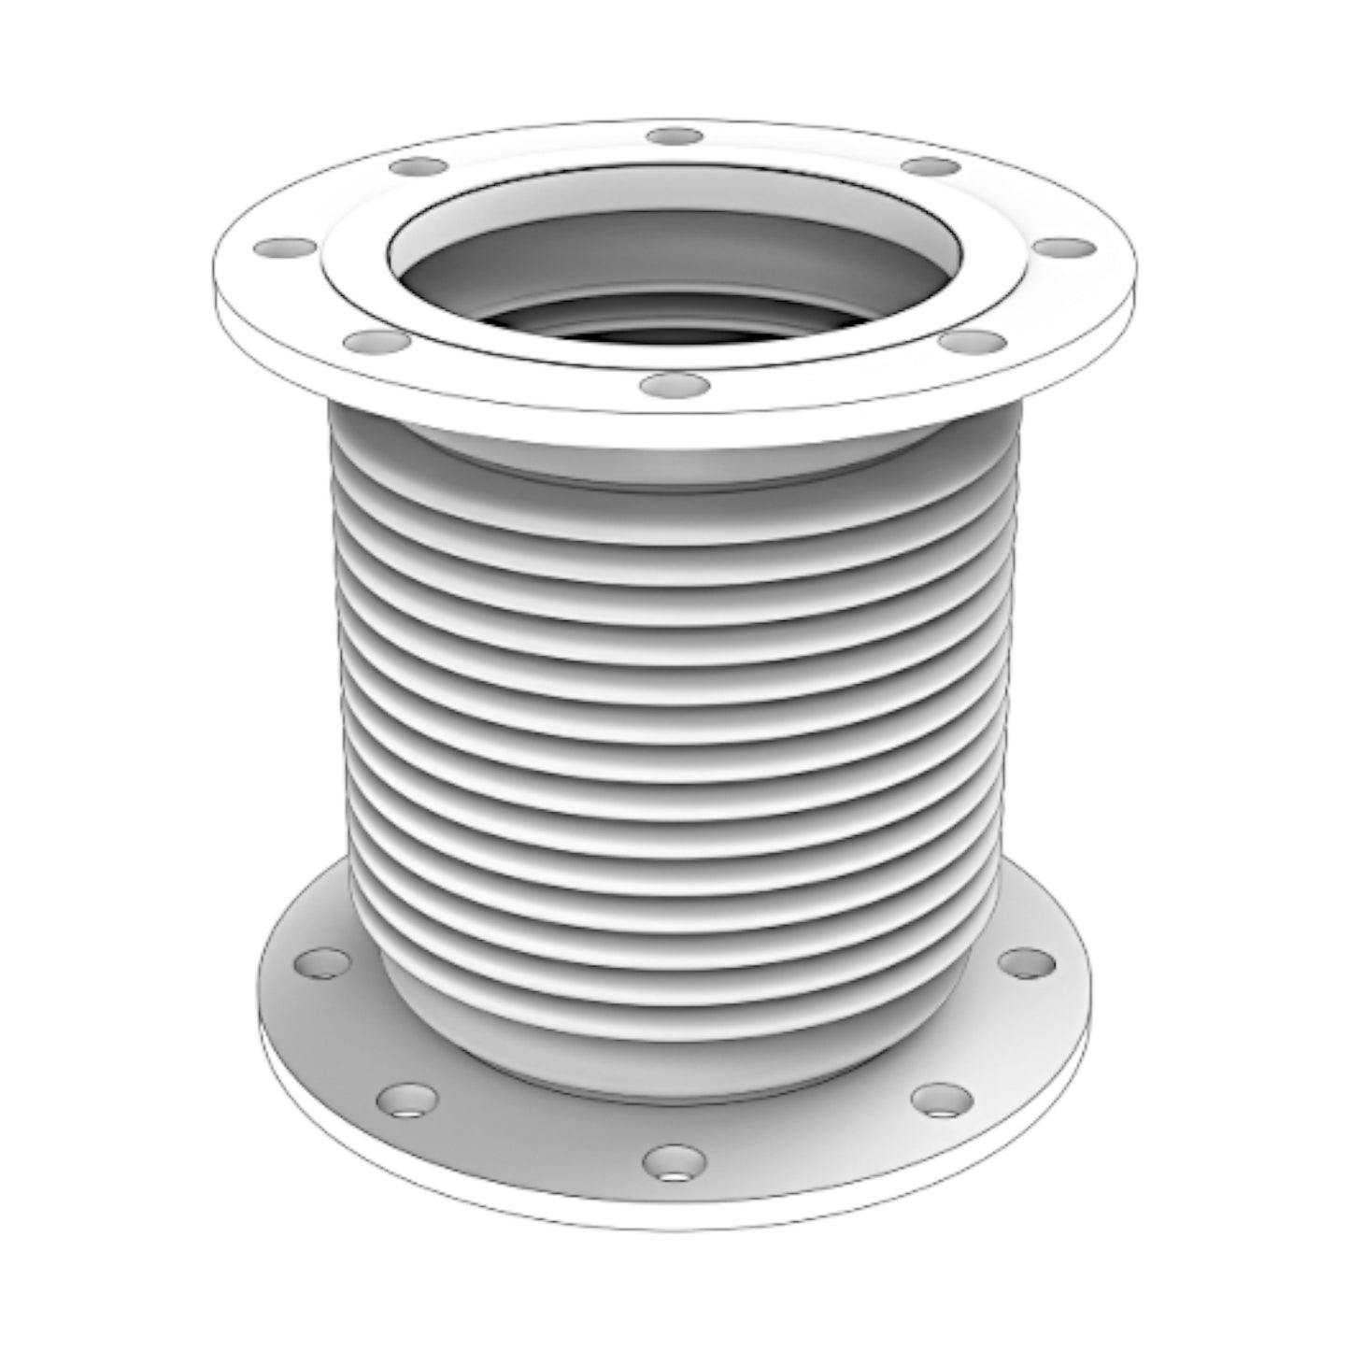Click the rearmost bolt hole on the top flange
click(675, 135)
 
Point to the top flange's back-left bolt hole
click(419, 168)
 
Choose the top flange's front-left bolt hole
click(374, 343)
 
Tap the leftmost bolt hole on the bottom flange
click(324, 961)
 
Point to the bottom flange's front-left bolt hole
click(405, 1100)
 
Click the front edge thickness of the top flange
click(675, 411)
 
